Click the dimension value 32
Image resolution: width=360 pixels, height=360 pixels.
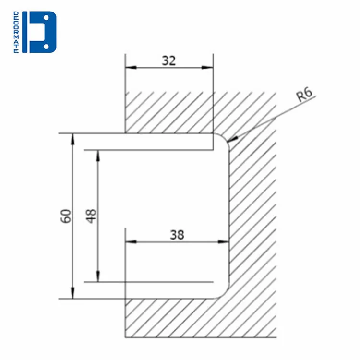[x=169, y=60]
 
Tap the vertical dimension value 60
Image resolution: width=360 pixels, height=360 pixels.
[x=67, y=216]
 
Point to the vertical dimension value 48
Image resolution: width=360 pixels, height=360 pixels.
[x=92, y=216]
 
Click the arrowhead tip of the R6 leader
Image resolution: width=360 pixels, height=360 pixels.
[x=230, y=142]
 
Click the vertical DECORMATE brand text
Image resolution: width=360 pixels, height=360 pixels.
[x=16, y=32]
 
